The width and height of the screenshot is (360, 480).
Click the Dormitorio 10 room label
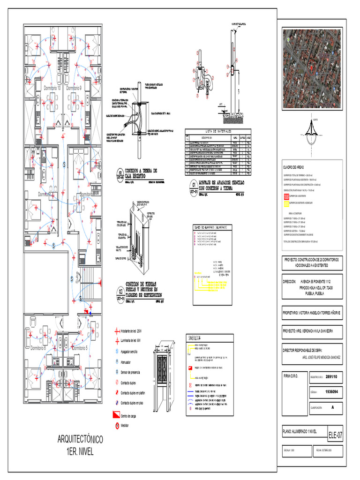click(52, 88)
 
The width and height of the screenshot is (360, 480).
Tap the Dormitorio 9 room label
click(74, 88)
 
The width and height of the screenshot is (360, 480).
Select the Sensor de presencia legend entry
click(130, 372)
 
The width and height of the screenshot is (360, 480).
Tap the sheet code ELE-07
click(335, 435)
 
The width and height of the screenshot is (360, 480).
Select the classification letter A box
click(333, 407)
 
